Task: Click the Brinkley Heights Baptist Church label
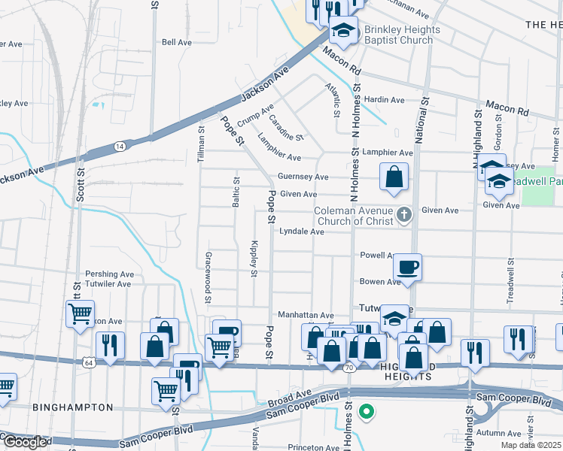(x=398, y=35)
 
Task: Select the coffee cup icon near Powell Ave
(x=407, y=268)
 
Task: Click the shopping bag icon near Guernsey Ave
(x=394, y=178)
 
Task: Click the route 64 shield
(x=90, y=362)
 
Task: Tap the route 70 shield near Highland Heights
(x=348, y=368)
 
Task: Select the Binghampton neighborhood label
(x=73, y=407)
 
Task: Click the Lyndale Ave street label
(x=302, y=232)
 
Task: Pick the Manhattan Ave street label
(x=306, y=316)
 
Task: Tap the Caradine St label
(x=286, y=127)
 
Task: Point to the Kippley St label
(x=254, y=259)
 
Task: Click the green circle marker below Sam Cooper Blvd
(x=367, y=411)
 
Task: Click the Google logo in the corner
(x=25, y=443)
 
